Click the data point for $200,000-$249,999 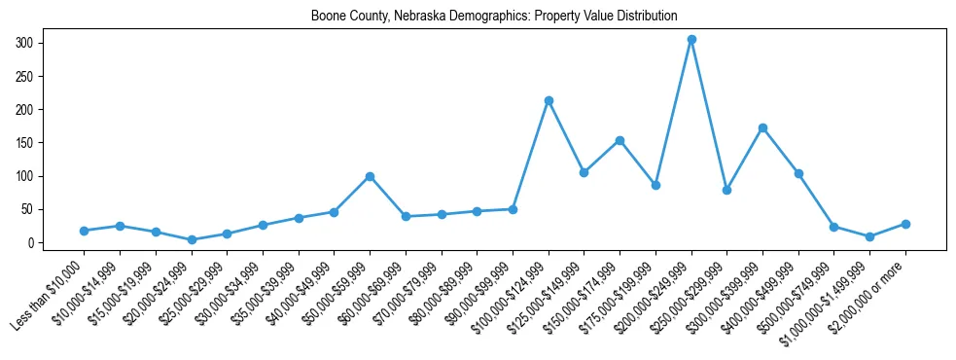tap(691, 40)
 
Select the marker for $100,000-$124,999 tap(549, 100)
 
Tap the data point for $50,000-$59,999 tap(370, 176)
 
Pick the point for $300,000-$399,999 tap(762, 127)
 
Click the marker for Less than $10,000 tap(84, 231)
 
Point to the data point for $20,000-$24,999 tap(192, 239)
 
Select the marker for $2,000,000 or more tap(905, 224)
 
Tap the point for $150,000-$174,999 tap(620, 140)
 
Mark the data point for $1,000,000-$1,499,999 tap(869, 236)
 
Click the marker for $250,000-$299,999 tap(726, 190)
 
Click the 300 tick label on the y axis tap(25, 43)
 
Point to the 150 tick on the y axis tap(25, 143)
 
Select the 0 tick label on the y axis tap(31, 242)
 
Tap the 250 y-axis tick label tap(25, 76)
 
